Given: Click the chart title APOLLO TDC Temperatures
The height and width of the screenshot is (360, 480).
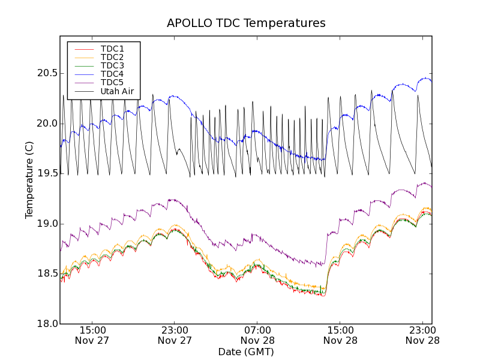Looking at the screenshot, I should coord(246,23).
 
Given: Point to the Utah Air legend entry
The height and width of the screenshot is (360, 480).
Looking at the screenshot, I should coord(117,91).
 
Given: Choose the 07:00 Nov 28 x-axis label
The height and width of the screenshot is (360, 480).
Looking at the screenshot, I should coord(257,335).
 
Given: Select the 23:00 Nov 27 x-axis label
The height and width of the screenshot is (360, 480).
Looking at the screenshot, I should coord(175,335).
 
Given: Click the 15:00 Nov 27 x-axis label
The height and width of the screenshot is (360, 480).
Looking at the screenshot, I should coord(92,335).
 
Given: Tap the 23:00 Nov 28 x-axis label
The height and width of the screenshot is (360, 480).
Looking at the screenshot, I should coord(423,335).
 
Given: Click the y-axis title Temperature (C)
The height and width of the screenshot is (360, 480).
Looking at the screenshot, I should coord(29,180).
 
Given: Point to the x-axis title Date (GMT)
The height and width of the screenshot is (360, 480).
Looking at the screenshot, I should coord(246,352).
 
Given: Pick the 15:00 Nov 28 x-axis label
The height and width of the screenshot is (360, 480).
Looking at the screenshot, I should coord(340,335).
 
